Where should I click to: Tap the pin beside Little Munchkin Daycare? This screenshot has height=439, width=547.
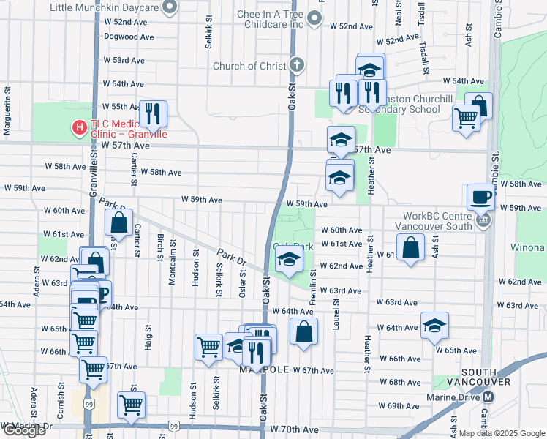click(x=170, y=7)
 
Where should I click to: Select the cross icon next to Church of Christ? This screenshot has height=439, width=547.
click(x=295, y=66)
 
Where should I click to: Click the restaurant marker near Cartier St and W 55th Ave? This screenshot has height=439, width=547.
click(x=153, y=113)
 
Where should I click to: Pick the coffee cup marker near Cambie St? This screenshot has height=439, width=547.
click(x=480, y=196)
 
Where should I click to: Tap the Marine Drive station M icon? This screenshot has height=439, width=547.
click(x=488, y=397)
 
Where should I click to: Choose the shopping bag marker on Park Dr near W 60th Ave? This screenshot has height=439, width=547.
click(x=119, y=222)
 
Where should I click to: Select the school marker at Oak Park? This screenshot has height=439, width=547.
click(x=289, y=259)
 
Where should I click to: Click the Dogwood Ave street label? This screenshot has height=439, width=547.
click(x=129, y=36)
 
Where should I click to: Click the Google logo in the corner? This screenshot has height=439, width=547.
click(x=23, y=430)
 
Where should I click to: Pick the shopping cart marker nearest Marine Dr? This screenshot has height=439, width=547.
click(x=131, y=404)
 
